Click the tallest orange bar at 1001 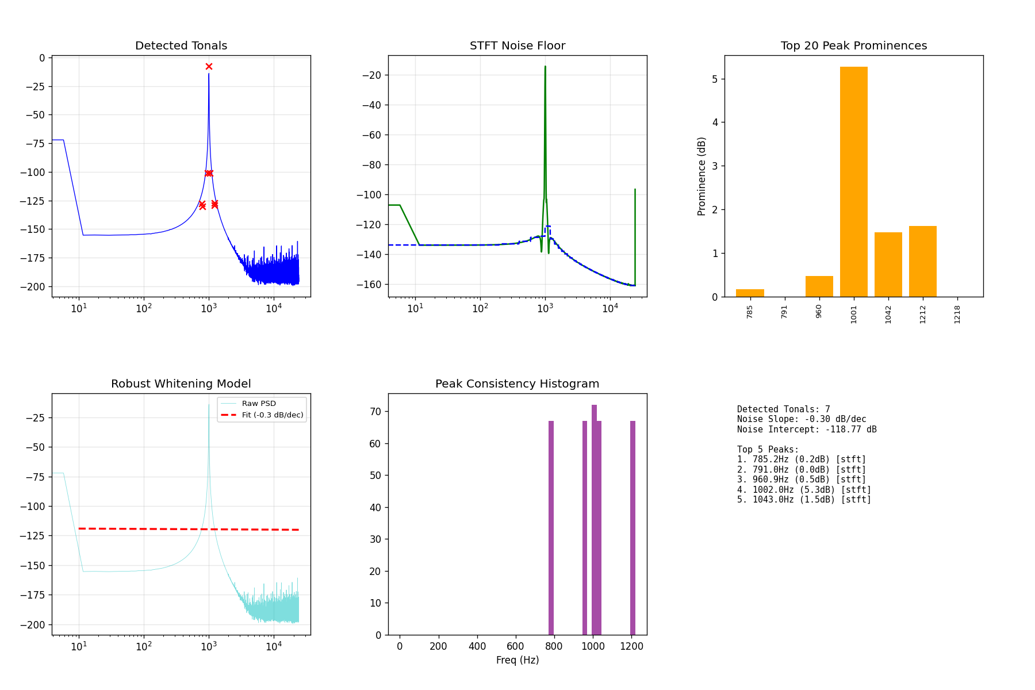click(853, 182)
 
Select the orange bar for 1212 click(922, 262)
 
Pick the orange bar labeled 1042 click(888, 264)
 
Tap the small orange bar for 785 click(750, 293)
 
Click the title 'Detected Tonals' click(181, 46)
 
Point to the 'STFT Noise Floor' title click(517, 46)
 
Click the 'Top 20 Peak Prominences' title click(854, 46)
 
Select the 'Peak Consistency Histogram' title click(517, 384)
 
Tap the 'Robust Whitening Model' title click(181, 384)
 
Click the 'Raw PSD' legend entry click(259, 404)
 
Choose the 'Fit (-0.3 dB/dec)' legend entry click(273, 415)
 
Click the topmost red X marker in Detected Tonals click(209, 67)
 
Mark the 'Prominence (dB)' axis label click(701, 177)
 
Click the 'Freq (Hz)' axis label click(517, 660)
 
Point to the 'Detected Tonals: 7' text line click(784, 409)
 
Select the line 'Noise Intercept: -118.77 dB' click(807, 430)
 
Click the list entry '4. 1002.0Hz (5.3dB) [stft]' click(804, 490)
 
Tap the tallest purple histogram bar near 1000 click(594, 520)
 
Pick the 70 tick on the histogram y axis click(376, 412)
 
